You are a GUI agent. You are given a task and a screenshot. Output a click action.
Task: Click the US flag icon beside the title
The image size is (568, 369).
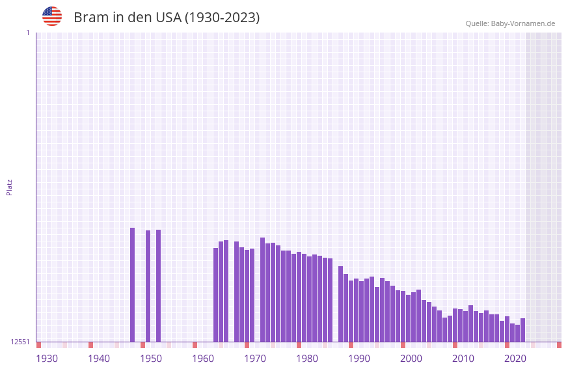52,16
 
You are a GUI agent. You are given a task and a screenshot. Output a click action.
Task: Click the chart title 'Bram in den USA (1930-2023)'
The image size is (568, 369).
167,18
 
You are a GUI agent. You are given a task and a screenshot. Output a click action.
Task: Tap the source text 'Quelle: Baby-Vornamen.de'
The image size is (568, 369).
510,23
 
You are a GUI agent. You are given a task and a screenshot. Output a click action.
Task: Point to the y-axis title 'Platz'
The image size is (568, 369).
9,187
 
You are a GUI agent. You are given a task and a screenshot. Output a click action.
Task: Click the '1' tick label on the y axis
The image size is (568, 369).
27,33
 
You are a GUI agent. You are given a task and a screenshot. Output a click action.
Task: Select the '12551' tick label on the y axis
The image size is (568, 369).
20,342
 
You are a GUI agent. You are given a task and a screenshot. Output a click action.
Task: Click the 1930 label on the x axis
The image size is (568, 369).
47,359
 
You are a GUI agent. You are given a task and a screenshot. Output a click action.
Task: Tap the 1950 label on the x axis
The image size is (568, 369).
151,359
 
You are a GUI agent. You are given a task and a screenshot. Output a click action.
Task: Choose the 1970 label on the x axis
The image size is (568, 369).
255,359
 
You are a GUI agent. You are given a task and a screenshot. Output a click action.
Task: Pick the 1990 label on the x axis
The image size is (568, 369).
359,359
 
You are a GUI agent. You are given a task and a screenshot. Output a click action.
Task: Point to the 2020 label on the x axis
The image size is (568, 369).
515,359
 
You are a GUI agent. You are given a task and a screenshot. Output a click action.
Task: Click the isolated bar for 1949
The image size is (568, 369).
148,286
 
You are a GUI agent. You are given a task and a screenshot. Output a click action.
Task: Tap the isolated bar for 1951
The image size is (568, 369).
159,286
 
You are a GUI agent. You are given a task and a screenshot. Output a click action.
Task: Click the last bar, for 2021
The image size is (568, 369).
523,330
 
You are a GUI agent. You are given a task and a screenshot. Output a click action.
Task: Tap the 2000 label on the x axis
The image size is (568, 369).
411,359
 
